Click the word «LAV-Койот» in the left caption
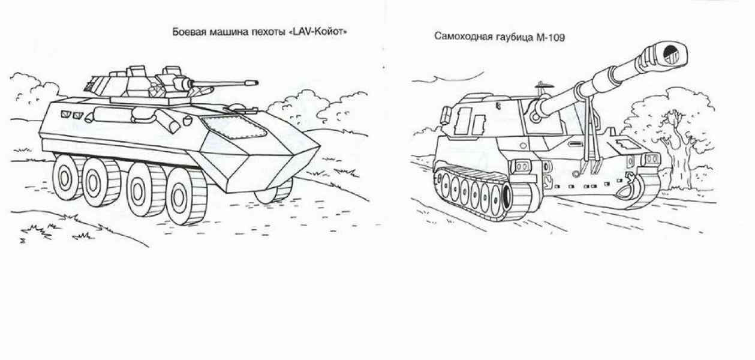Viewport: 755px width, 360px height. pos(318,32)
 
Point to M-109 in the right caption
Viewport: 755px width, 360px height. pos(550,37)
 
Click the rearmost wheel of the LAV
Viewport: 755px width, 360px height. pos(66,178)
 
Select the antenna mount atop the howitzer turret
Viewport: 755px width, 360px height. pos(541,88)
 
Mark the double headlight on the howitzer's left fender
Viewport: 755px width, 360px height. pos(521,167)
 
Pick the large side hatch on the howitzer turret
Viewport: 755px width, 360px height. pos(464,122)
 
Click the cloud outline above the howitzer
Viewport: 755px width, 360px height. pos(449,78)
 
